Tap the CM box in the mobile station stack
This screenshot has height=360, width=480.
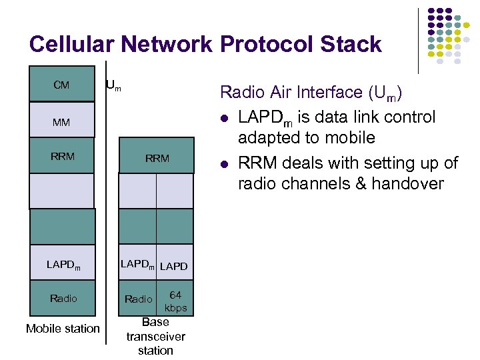(x=61, y=85)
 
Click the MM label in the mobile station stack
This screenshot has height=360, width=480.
(x=61, y=123)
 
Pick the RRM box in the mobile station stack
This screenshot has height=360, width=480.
(x=62, y=157)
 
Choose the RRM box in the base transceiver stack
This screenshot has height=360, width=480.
(x=157, y=158)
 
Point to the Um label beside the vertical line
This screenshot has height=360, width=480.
(x=113, y=85)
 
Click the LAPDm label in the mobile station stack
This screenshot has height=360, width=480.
(x=63, y=265)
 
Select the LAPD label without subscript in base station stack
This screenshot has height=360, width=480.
(x=174, y=267)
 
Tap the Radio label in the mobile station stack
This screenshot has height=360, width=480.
(x=63, y=299)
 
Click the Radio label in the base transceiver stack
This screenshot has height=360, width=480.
(x=139, y=299)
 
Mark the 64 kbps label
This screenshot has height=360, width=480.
(x=176, y=301)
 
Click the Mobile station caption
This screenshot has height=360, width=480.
(x=63, y=328)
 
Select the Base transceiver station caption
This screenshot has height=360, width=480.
(x=155, y=336)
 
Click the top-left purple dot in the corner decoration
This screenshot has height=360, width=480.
(x=431, y=12)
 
